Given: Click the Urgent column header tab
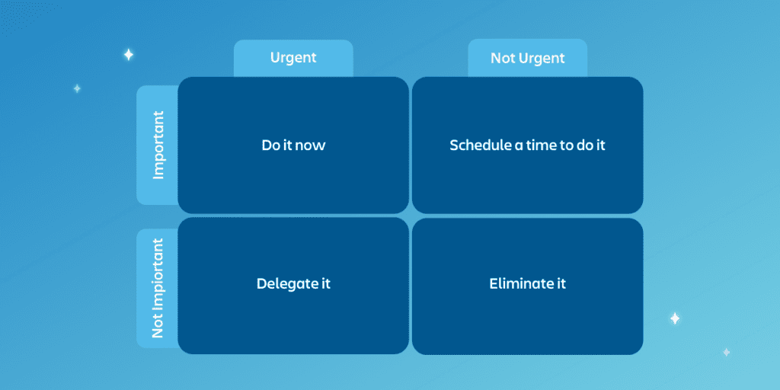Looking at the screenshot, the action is (293, 58).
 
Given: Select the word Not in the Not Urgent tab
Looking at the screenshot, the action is (501, 58).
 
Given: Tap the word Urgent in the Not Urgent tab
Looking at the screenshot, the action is (540, 59).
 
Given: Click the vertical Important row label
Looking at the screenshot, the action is (158, 145).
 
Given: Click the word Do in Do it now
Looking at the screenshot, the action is (270, 145).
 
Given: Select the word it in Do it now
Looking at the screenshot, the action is (286, 145).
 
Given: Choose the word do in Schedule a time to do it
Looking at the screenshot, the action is (581, 145).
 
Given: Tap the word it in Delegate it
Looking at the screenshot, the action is (324, 284).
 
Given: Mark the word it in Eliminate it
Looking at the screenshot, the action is (561, 283).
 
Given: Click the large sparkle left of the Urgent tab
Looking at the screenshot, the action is (128, 55).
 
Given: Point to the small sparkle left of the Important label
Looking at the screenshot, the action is (77, 88).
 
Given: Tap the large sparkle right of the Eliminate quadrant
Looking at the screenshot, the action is (675, 318).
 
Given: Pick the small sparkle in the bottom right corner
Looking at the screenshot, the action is (726, 352).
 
